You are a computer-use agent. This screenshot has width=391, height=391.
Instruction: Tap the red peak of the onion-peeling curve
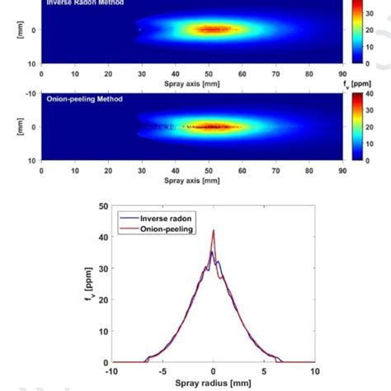[214, 231]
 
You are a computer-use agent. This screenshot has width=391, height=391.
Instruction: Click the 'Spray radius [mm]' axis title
[213, 384]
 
